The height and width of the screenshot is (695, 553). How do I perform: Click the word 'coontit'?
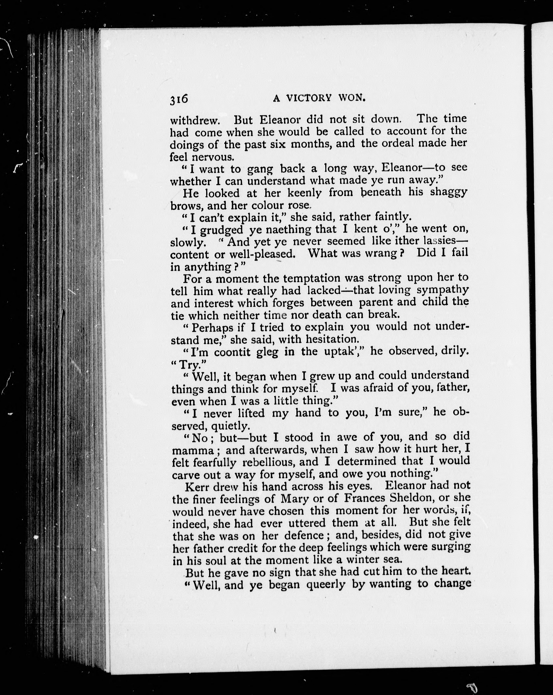tap(232, 352)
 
